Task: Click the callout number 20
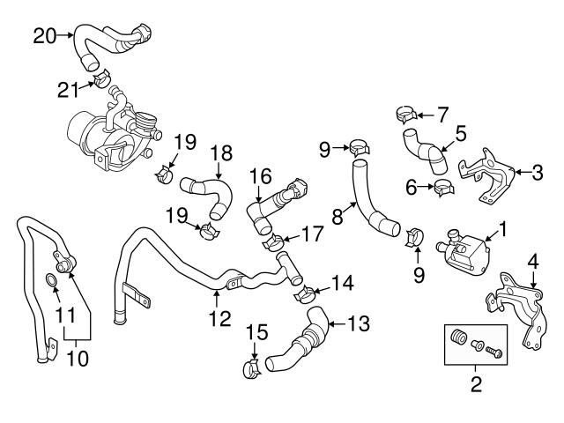(45, 35)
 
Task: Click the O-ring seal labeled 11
(52, 282)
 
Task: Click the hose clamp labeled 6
(442, 187)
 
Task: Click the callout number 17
(313, 234)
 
